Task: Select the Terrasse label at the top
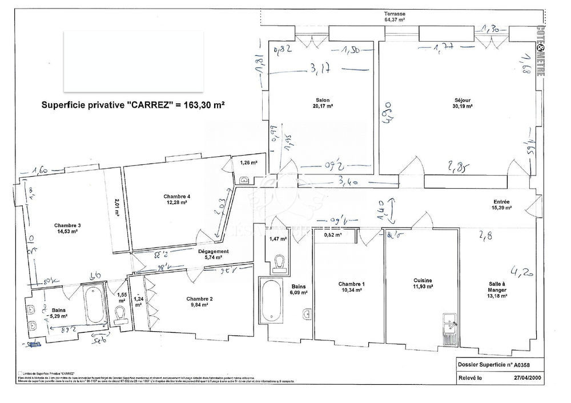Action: coord(395,16)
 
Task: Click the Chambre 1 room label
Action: coord(351,287)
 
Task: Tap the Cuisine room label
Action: coord(423,283)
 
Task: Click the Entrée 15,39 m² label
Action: coord(502,205)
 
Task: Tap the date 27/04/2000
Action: coord(529,377)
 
